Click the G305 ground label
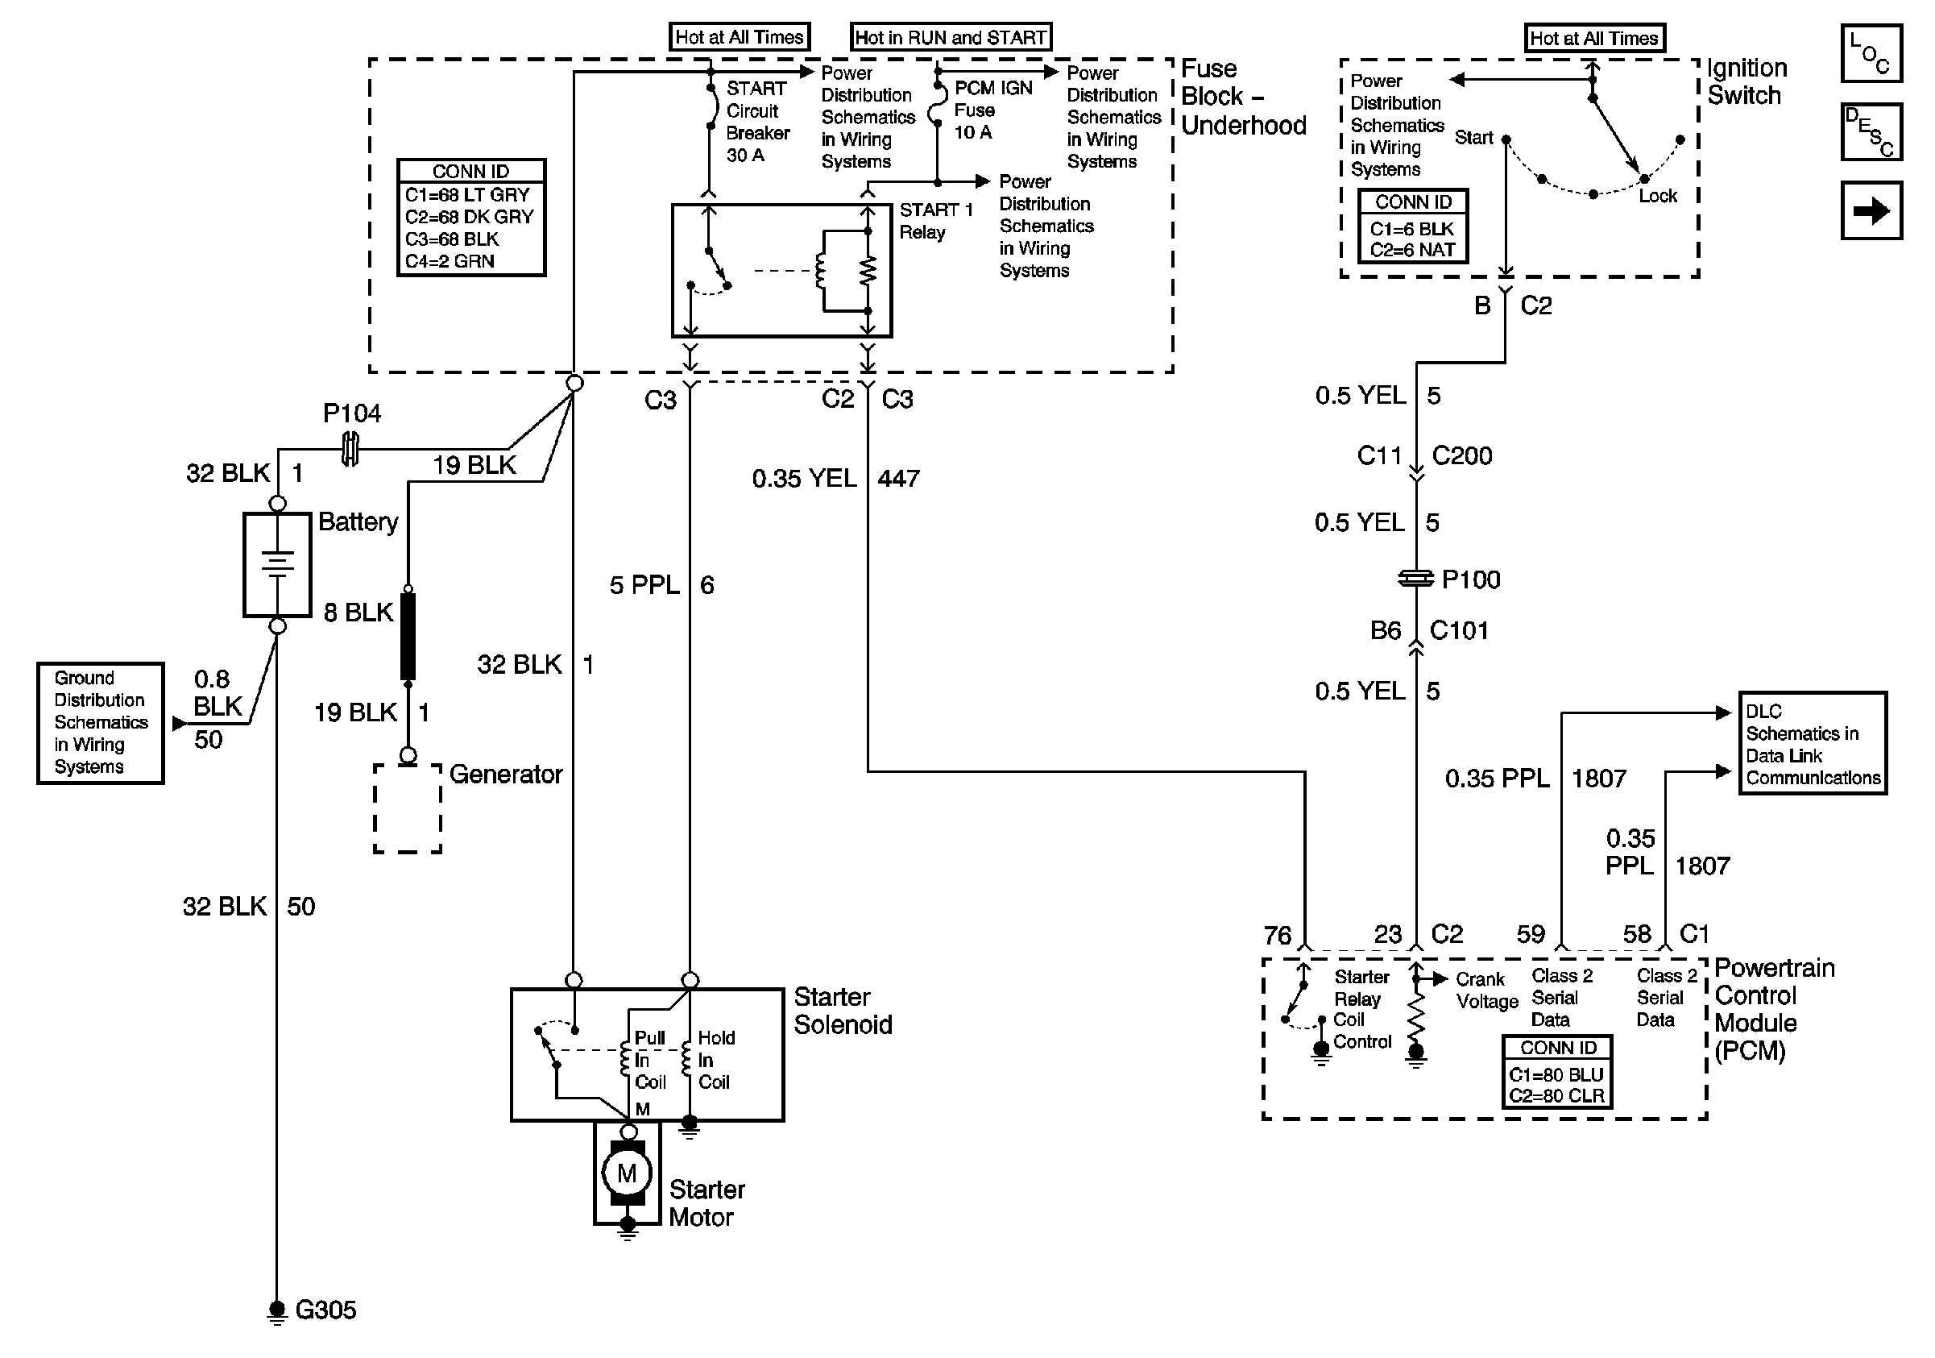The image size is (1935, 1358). click(x=325, y=1310)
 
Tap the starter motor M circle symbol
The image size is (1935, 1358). click(x=627, y=1173)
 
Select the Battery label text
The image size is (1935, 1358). click(x=358, y=521)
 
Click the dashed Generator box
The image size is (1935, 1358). click(x=408, y=808)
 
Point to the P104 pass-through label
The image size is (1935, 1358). click(x=351, y=413)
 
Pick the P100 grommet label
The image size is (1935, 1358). click(x=1471, y=580)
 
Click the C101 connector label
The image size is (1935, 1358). click(x=1459, y=630)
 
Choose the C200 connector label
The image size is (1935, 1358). click(x=1461, y=456)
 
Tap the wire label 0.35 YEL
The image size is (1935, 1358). click(x=804, y=479)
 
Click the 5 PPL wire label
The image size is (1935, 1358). click(x=644, y=585)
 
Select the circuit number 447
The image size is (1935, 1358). click(x=898, y=479)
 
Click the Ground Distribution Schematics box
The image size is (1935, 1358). click(x=100, y=722)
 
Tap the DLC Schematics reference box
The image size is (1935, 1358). click(x=1813, y=744)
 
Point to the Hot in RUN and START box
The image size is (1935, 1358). click(x=951, y=38)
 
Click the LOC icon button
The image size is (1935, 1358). click(x=1871, y=54)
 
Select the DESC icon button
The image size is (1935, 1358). click(x=1871, y=131)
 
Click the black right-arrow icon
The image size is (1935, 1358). click(x=1871, y=210)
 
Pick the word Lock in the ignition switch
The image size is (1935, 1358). click(x=1658, y=197)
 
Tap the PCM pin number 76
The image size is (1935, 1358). click(x=1277, y=936)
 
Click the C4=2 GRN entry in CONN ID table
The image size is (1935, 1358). click(x=450, y=261)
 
